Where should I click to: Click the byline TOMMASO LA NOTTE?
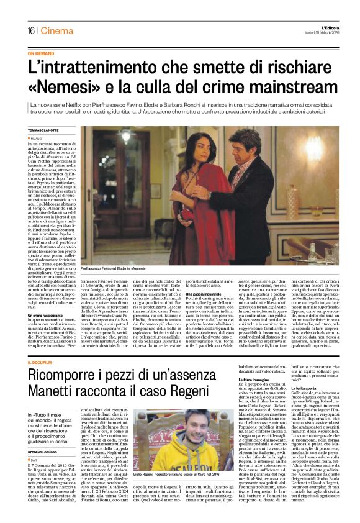coord(43,130)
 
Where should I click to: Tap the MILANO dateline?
coord(35,138)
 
